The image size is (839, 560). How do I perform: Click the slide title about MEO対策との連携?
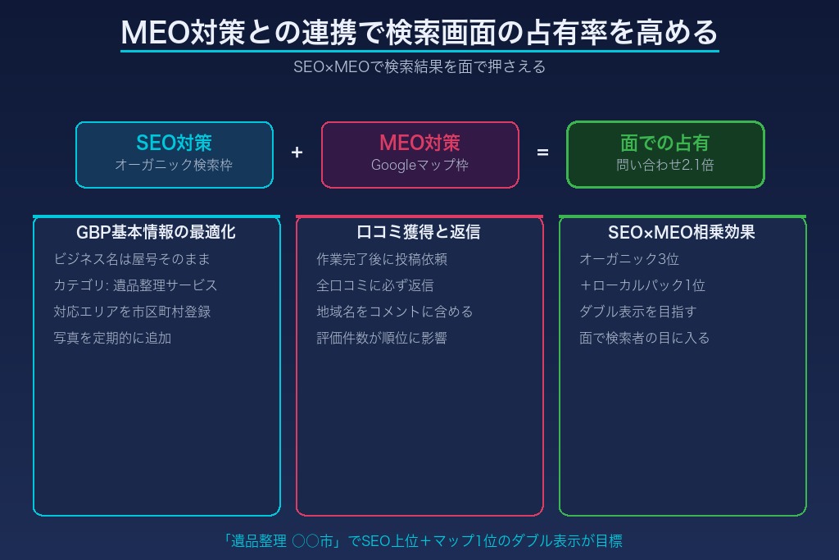(419, 33)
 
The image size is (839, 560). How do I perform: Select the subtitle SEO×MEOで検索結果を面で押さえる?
(419, 67)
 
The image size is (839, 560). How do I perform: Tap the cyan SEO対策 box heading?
(174, 143)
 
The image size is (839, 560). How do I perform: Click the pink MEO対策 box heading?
(419, 143)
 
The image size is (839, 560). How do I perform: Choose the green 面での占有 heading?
(664, 143)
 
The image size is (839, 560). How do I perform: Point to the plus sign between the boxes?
(297, 153)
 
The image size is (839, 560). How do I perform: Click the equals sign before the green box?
(542, 153)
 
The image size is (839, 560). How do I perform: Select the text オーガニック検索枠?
(174, 165)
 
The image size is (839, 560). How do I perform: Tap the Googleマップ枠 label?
(419, 165)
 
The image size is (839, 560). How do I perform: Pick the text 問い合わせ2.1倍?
(664, 165)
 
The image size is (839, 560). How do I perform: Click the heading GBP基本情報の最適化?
(156, 232)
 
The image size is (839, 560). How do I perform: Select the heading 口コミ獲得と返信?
(419, 232)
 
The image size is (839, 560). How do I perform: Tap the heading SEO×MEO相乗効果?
(682, 232)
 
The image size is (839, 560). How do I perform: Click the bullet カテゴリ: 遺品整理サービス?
(135, 285)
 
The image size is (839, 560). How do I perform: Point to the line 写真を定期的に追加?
(112, 338)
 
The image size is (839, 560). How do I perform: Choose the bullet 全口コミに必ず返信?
(375, 285)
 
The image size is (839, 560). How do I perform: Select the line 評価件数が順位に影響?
(382, 338)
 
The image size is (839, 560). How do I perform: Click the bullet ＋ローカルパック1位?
(642, 285)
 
